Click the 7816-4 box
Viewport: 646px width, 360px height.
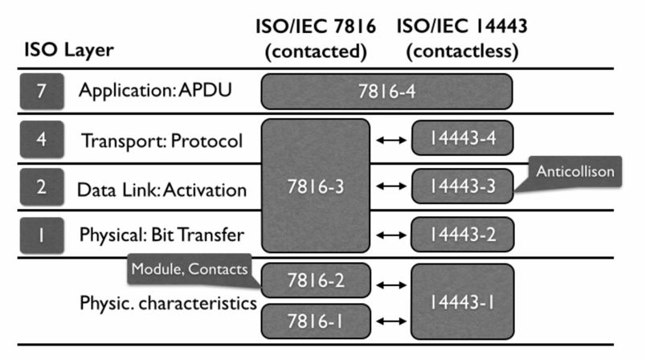386,91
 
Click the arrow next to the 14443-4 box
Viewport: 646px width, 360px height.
390,140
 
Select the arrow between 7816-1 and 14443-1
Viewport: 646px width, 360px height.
390,321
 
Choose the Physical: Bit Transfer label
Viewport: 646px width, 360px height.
160,235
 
